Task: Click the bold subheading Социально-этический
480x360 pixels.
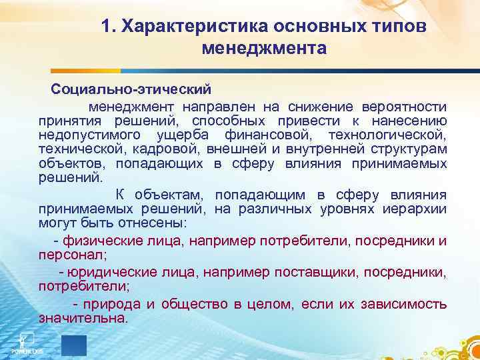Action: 131,88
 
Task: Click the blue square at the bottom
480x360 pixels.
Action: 74,345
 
